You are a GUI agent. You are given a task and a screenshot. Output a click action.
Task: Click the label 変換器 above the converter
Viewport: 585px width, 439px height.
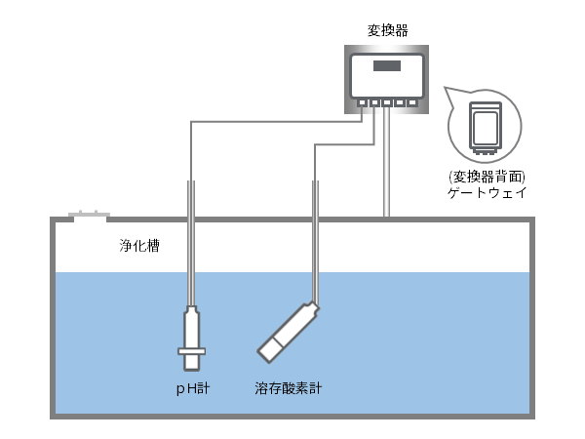click(387, 30)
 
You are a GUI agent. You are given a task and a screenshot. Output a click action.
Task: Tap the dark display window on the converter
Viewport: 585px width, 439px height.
click(387, 66)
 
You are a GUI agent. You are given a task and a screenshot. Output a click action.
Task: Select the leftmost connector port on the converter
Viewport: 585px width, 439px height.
click(362, 101)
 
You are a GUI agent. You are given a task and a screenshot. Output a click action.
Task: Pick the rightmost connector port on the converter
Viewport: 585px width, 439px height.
click(412, 101)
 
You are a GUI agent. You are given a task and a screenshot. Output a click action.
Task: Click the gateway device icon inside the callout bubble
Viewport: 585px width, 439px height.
click(485, 127)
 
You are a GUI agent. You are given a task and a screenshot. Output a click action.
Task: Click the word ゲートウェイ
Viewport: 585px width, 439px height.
click(485, 193)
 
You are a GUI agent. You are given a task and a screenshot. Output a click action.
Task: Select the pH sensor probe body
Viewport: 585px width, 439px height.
click(190, 328)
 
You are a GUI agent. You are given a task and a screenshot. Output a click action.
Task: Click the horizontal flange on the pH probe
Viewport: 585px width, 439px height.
click(190, 351)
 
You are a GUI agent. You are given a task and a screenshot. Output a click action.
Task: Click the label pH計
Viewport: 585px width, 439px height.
click(190, 388)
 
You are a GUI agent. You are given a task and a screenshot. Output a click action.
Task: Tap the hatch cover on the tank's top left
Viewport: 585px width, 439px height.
click(88, 215)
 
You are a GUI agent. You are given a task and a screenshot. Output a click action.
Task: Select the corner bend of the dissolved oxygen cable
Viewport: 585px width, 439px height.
click(314, 143)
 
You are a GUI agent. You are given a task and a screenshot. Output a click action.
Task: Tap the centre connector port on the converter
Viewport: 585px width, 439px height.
click(387, 101)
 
